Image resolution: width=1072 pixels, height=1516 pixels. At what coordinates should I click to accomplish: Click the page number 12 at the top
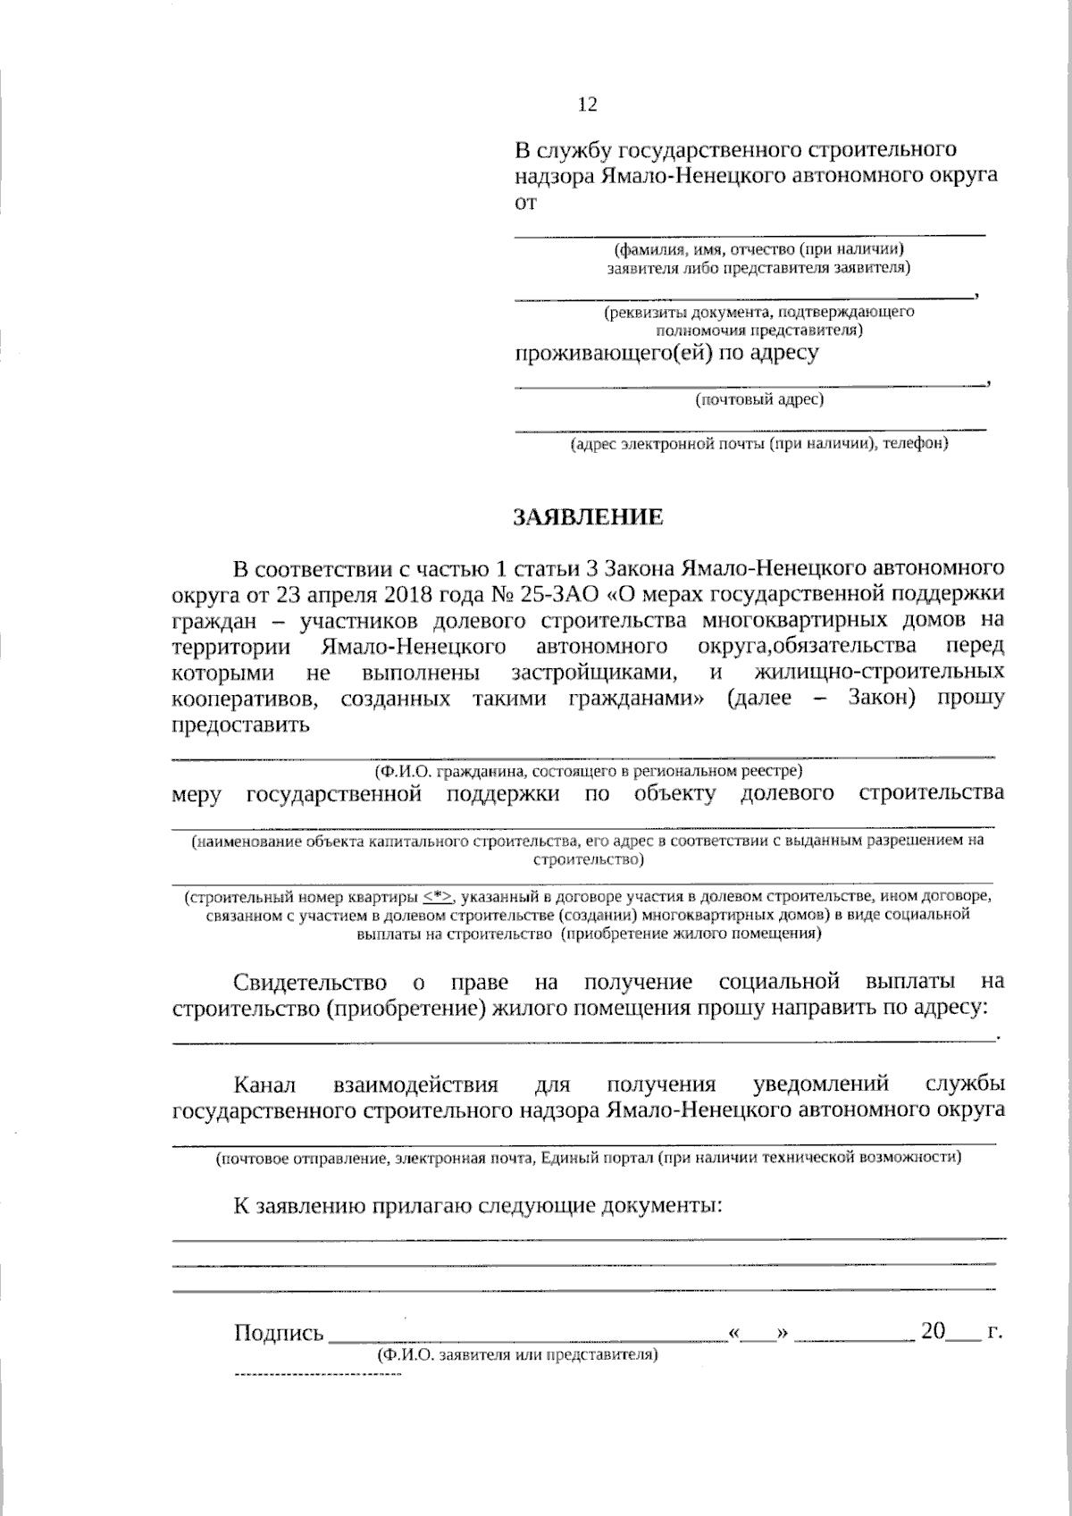click(588, 105)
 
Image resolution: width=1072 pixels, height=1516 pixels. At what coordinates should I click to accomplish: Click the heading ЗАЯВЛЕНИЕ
click(588, 517)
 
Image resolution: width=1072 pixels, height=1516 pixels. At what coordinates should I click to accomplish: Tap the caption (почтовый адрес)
click(759, 399)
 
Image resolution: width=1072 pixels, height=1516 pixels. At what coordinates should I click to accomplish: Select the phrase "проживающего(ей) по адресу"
click(666, 353)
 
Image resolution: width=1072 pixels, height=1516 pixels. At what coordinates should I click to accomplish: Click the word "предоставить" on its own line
click(240, 724)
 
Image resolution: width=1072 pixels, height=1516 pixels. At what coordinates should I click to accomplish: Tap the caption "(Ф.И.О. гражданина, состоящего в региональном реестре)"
click(587, 770)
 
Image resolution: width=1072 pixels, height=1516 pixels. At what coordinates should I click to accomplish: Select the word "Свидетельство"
click(310, 983)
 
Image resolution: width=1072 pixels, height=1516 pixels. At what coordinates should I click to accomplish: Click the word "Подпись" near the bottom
click(278, 1334)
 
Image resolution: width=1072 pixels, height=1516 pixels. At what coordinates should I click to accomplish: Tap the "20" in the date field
click(933, 1332)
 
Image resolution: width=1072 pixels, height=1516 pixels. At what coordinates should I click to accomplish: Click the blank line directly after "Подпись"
click(527, 1338)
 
